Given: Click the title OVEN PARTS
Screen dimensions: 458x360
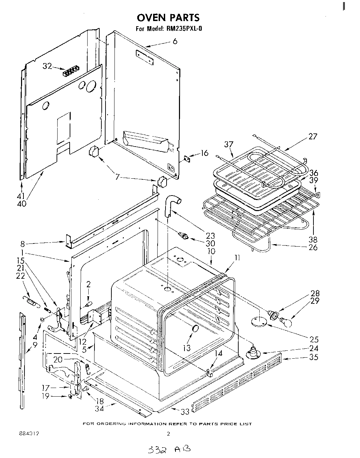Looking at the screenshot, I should coord(168,17).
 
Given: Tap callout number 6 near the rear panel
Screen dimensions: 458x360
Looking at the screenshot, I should coord(175,41).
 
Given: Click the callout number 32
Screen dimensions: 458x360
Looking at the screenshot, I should coord(47,66).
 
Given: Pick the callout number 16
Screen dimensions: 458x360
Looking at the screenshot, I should coord(204,153).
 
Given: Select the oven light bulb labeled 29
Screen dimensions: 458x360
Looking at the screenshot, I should coord(286,322).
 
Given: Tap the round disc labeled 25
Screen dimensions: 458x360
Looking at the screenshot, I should coord(259,321).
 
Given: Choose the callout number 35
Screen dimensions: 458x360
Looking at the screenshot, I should coord(313,357).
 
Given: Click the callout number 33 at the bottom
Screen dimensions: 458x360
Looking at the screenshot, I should coord(185,411).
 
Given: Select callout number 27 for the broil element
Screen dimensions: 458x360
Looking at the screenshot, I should coord(312,136).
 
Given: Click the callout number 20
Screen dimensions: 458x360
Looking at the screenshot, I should coord(58,359).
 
